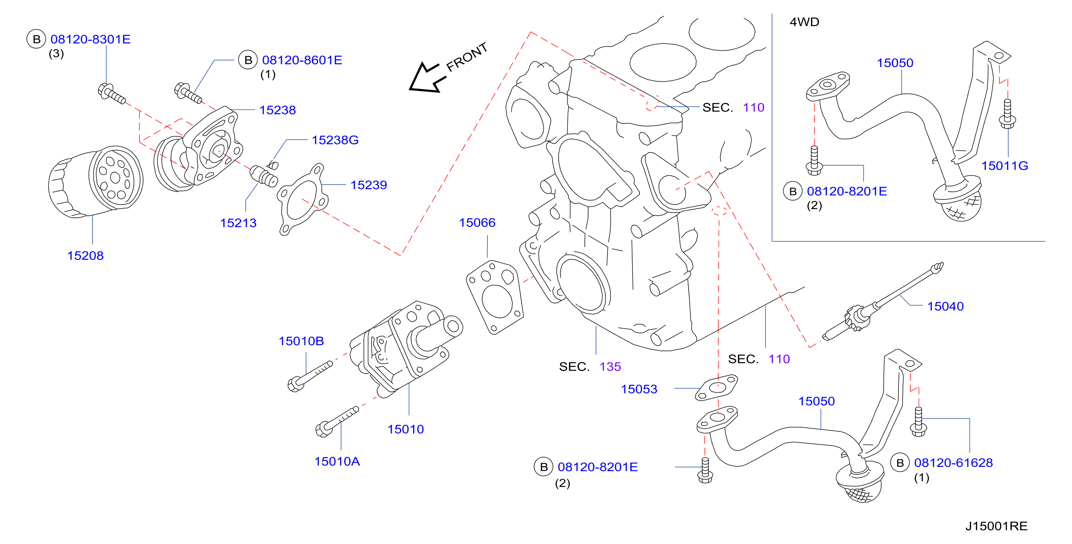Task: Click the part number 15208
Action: click(85, 256)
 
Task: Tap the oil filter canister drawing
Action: click(96, 181)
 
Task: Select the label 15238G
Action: click(335, 140)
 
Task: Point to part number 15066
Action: click(477, 223)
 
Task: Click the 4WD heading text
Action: click(805, 22)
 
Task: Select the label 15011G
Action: click(1004, 166)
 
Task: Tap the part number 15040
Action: click(945, 306)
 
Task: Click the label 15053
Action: click(639, 389)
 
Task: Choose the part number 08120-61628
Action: click(954, 463)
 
